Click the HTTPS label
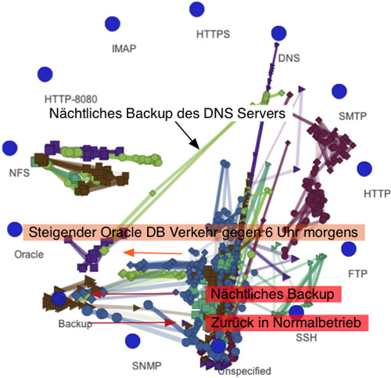213,34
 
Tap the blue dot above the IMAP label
113,23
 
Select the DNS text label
289,58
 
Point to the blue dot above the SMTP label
339,92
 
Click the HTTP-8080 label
71,99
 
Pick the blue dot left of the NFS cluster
10,148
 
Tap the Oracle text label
29,254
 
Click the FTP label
357,274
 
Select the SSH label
307,337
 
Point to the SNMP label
146,365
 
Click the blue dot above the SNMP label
132,341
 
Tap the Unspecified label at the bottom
245,371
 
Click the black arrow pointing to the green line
187,135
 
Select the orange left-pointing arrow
152,253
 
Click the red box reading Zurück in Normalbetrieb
286,322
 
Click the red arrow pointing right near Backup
134,322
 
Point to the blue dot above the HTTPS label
197,9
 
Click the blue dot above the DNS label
278,34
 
